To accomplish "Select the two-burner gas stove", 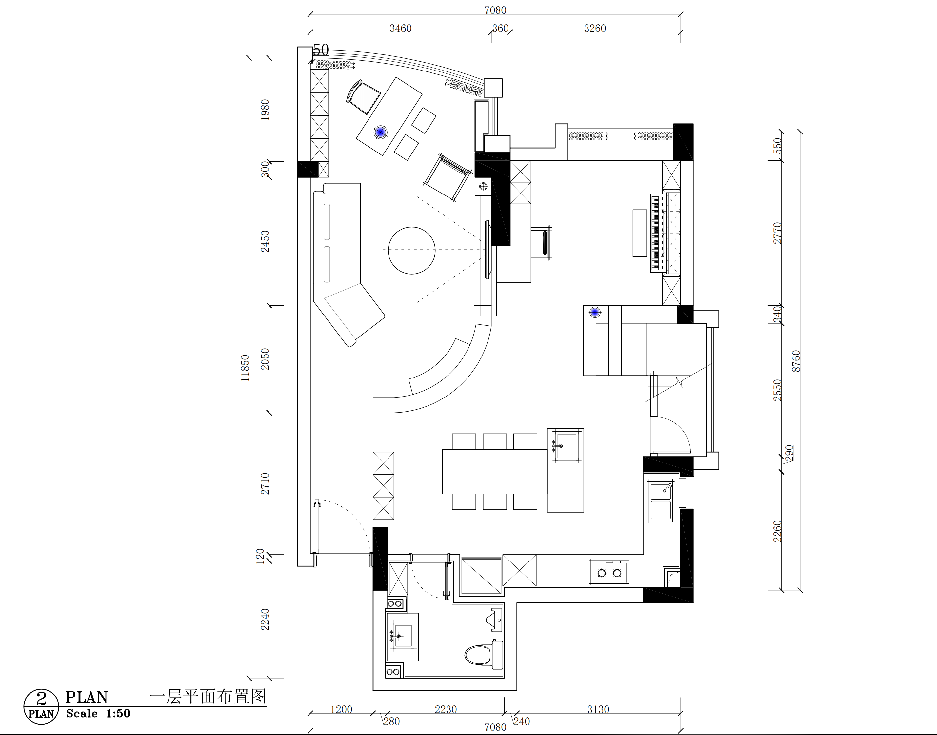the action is (x=609, y=571).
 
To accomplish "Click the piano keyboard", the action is (x=655, y=233).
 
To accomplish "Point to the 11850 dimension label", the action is (x=245, y=368).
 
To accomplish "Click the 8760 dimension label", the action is (x=796, y=361).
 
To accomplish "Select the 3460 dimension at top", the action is (x=401, y=29).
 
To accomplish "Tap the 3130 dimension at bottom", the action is (x=598, y=710).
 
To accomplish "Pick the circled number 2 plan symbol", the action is (x=41, y=706).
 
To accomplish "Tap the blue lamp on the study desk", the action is (x=380, y=132).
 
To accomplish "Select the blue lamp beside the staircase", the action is (x=595, y=312).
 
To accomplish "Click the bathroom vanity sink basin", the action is (x=403, y=636).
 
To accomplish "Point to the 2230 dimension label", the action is (x=446, y=710).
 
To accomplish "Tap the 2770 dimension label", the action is (x=777, y=233).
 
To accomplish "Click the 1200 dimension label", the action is (x=341, y=710).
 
